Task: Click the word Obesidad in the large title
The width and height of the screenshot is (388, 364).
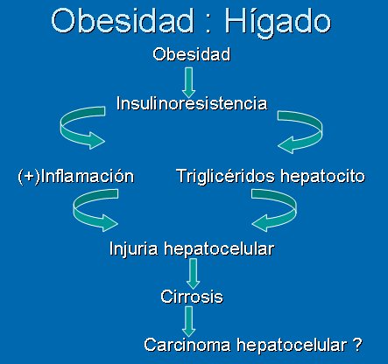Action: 123,20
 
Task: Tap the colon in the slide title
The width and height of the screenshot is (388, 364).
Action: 208,24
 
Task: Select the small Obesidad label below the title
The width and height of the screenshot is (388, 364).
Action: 192,54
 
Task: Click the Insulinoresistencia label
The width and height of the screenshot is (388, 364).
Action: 192,103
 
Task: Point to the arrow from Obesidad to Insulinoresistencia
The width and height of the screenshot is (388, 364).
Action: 189,82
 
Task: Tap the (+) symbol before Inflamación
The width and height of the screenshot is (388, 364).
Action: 29,177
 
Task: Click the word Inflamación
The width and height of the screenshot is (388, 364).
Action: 88,176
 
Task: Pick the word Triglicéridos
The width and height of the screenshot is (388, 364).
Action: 226,176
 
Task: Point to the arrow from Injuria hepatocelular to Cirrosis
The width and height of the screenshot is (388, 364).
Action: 193,274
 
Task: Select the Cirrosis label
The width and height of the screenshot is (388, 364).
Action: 192,297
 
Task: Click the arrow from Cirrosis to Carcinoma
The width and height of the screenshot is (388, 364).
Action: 189,321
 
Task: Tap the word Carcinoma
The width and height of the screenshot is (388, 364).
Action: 187,345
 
